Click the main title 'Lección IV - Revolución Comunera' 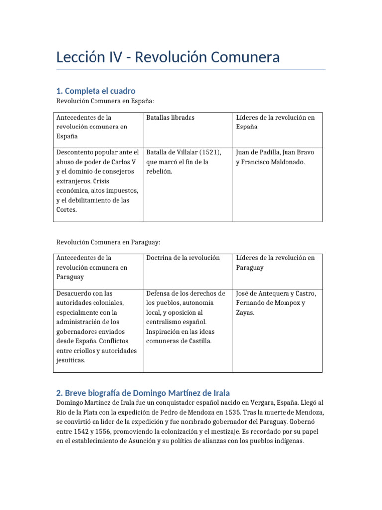point(168,57)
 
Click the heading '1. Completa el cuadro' point(95,91)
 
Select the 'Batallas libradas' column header point(170,117)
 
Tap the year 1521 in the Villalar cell point(209,152)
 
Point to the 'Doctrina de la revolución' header point(183,258)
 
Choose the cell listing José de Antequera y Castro point(276,303)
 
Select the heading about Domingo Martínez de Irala point(143,393)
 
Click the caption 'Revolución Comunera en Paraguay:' point(108,242)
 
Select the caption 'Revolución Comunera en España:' point(105,101)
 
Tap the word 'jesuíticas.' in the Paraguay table point(71,360)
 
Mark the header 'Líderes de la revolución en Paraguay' point(276,262)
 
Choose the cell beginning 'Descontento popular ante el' point(97,181)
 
